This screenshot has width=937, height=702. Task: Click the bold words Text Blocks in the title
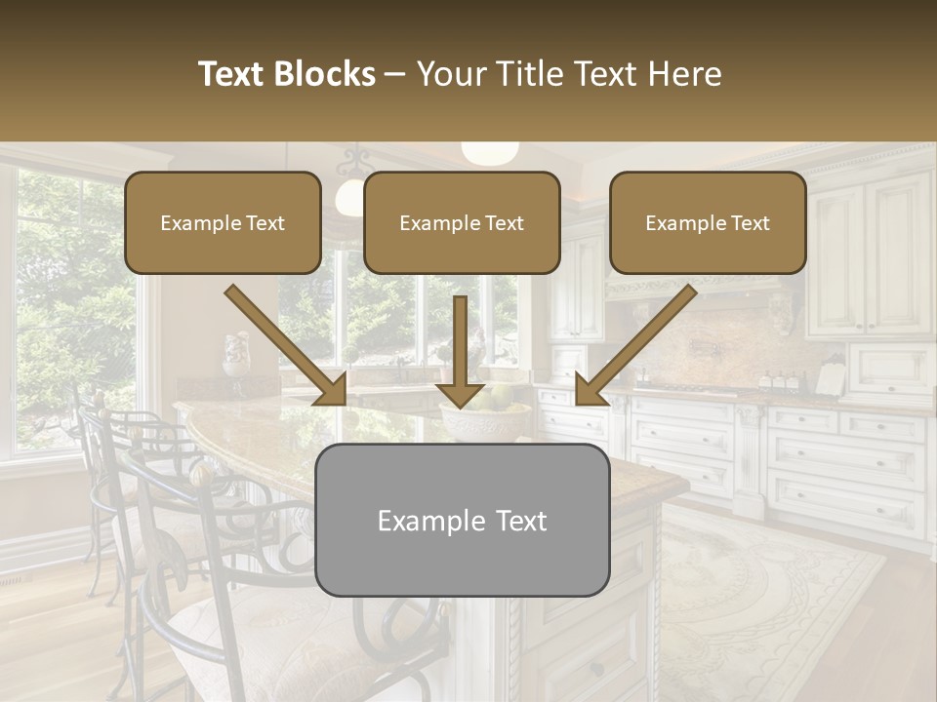click(286, 74)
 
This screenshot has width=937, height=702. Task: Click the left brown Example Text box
click(223, 223)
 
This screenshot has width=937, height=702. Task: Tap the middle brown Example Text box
click(462, 223)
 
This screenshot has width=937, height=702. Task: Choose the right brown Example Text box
click(708, 223)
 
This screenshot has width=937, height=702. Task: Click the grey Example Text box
click(462, 521)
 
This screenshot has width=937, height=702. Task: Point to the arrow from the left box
click(285, 345)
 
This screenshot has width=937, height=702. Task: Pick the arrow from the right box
click(635, 345)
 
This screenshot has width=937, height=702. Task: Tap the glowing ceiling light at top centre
click(489, 152)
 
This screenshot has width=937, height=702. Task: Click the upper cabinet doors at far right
click(869, 253)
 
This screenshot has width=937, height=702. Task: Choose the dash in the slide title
click(395, 74)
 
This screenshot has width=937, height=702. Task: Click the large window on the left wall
click(68, 312)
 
